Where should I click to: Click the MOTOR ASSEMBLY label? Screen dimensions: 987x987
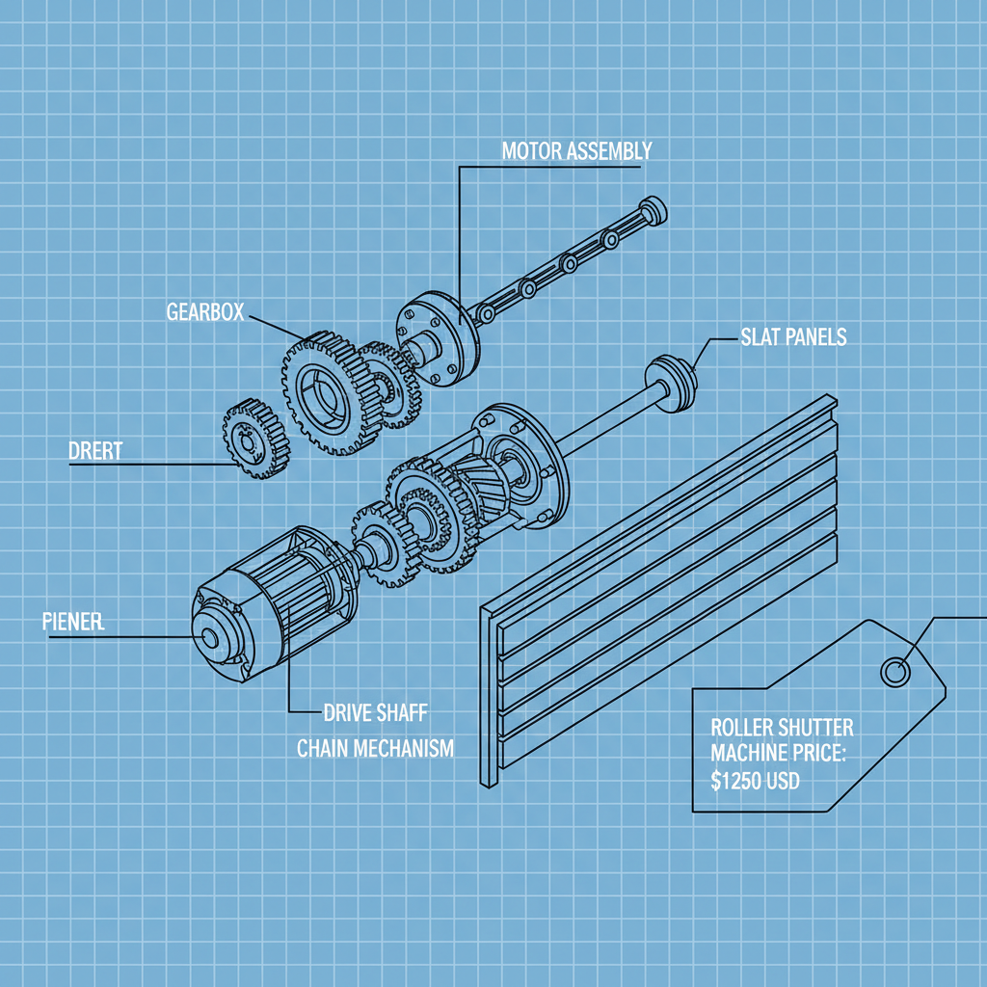click(x=576, y=151)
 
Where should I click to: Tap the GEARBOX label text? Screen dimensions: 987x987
click(x=204, y=311)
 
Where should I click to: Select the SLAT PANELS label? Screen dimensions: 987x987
click(x=793, y=336)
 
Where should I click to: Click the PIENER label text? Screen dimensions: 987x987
click(x=73, y=622)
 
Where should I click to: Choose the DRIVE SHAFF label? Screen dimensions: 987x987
click(x=375, y=713)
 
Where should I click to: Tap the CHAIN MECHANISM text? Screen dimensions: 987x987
click(x=375, y=749)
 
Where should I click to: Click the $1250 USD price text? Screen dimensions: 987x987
click(x=755, y=783)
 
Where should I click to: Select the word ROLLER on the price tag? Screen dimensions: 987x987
click(x=741, y=728)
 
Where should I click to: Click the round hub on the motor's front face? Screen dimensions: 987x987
click(x=208, y=639)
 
